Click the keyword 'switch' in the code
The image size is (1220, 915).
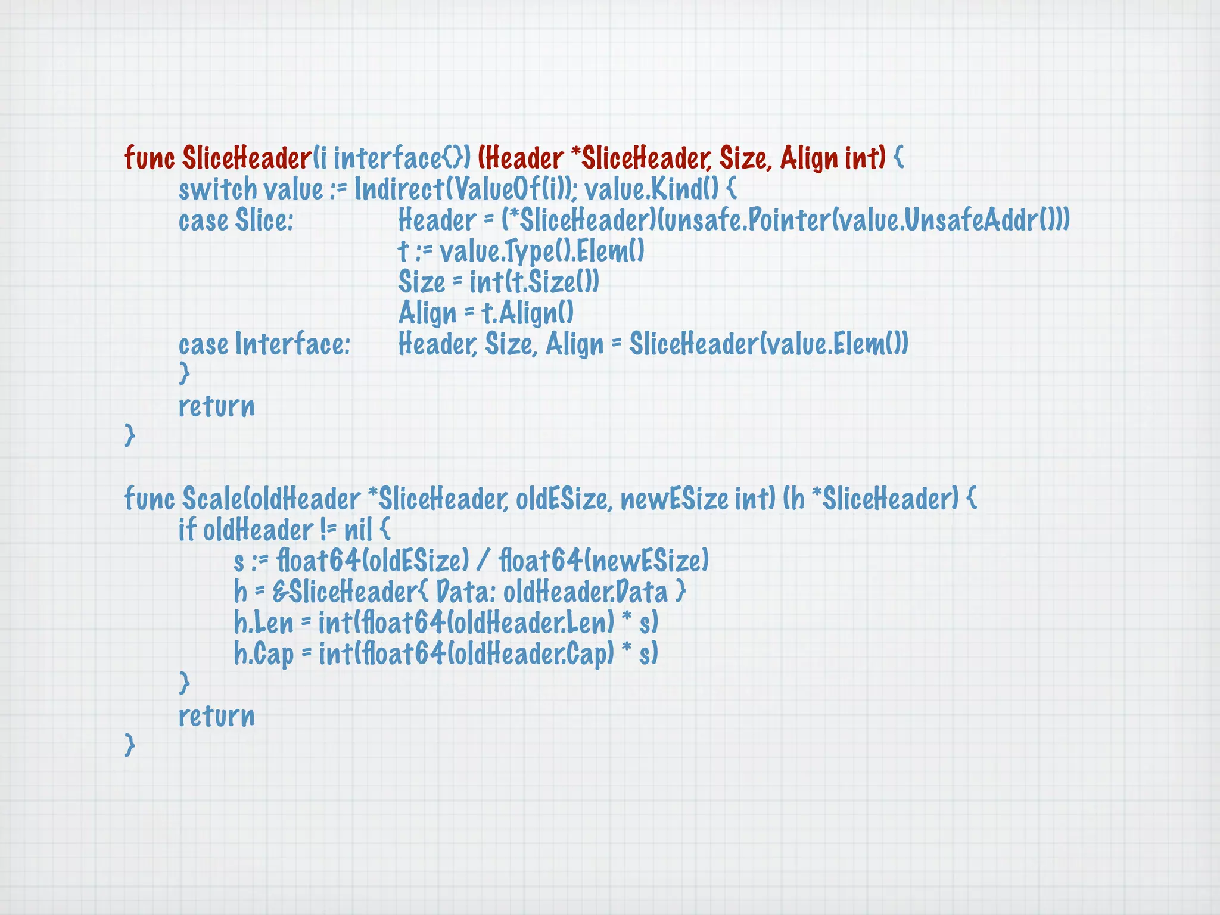click(x=217, y=190)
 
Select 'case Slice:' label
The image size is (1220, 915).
click(x=236, y=220)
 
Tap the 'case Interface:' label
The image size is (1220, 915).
click(x=264, y=344)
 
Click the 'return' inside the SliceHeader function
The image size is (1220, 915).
click(x=217, y=407)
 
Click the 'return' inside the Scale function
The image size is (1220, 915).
click(x=217, y=716)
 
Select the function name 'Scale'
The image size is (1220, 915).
click(x=210, y=499)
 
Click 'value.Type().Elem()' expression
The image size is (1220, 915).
click(x=542, y=251)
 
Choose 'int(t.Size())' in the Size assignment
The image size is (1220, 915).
click(x=534, y=282)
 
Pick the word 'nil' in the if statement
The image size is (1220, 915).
click(x=358, y=530)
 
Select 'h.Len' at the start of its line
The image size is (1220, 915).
click(x=264, y=623)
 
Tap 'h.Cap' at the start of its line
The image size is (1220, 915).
click(x=264, y=654)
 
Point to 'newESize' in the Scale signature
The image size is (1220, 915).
click(x=674, y=499)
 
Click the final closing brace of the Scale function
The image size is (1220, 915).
click(x=130, y=745)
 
